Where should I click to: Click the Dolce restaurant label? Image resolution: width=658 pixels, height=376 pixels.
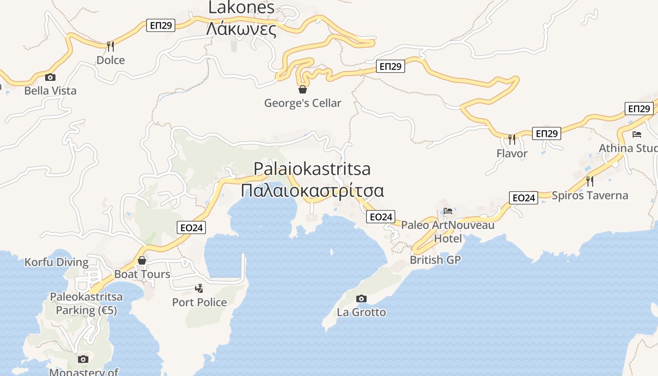click(110, 60)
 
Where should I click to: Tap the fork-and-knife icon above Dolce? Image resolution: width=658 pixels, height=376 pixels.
click(110, 46)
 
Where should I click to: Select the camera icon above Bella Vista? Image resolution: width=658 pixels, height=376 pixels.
click(50, 78)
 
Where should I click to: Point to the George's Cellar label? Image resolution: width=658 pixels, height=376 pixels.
click(302, 103)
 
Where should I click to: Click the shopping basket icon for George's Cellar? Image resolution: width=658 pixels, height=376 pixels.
click(303, 89)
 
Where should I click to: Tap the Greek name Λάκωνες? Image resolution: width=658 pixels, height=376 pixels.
click(241, 29)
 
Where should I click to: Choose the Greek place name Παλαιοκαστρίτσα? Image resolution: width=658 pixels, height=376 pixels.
click(313, 191)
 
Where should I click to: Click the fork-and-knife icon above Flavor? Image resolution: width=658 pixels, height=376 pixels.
click(512, 139)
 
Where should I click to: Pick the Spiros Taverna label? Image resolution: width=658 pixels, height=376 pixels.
click(590, 196)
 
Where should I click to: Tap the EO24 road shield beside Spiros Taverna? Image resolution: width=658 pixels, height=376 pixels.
click(524, 198)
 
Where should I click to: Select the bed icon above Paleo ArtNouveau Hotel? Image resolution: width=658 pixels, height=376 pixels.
click(448, 211)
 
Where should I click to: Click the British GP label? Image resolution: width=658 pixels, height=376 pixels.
click(435, 259)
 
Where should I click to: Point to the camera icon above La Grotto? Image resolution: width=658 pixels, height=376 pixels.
click(361, 298)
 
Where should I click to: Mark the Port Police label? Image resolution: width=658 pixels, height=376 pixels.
click(199, 302)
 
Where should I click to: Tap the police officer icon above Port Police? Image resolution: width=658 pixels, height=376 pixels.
click(199, 288)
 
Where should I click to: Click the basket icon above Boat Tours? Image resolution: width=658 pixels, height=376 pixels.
click(142, 260)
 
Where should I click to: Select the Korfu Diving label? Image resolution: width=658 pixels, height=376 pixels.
click(56, 262)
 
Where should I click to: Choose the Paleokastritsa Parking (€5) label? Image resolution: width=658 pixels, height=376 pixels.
click(86, 304)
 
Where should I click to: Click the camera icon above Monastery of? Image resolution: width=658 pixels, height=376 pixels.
click(83, 360)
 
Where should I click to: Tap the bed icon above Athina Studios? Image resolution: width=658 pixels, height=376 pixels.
click(637, 134)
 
